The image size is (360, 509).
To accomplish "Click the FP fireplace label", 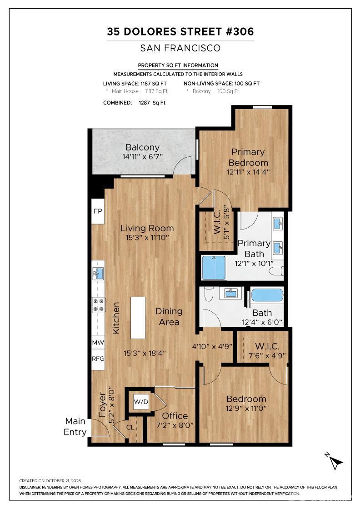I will coord(98,211).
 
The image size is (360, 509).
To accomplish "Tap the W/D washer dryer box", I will coord(140,401).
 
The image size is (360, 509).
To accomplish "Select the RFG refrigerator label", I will coord(98,358).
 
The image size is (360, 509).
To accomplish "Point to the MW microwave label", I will coord(98,343).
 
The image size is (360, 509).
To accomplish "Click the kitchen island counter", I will coord(138,318).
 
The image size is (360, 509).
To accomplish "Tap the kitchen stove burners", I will coord(98,304).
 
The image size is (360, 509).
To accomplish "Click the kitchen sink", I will coord(98,273).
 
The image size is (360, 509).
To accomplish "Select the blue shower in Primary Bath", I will coord(214,268).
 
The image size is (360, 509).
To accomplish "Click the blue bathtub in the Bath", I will coord(267,295).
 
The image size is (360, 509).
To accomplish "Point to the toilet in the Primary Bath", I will coord(276,271).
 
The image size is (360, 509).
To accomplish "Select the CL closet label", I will coord(130,427).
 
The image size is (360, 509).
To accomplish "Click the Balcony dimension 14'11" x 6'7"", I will coord(142,156).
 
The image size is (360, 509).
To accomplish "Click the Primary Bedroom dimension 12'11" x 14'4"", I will coord(248,172).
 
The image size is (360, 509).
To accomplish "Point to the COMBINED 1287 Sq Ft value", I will coord(152,103).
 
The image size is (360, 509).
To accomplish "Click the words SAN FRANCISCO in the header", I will coord(180,48).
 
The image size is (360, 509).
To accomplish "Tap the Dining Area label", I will coord(169,316).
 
